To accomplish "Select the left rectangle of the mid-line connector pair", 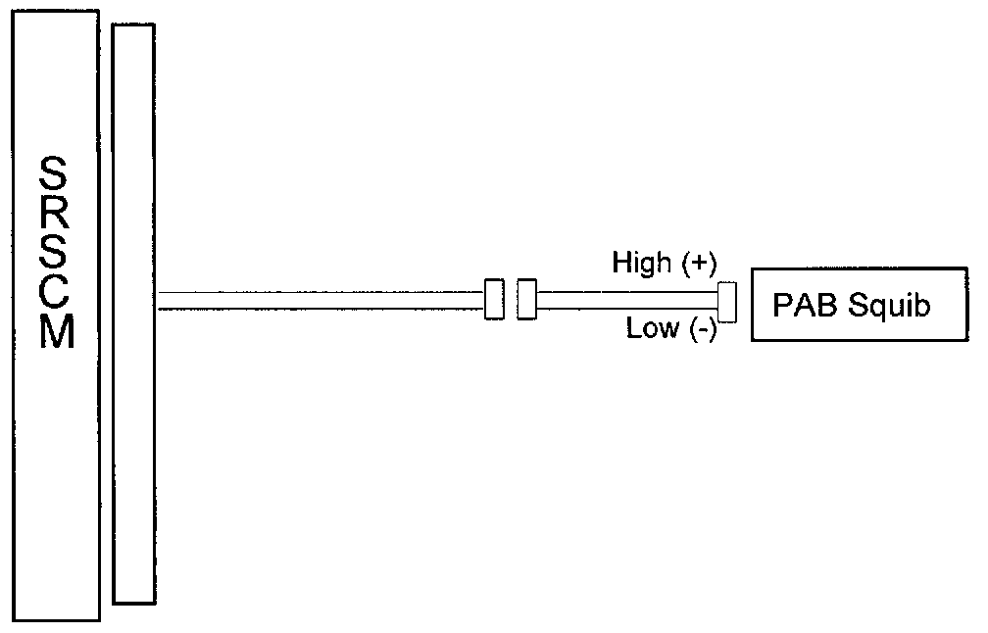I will tap(494, 299).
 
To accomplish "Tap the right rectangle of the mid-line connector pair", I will tap(527, 299).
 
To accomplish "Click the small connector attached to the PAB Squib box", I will tap(727, 301).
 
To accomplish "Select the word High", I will tap(641, 263).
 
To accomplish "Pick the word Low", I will tap(652, 328).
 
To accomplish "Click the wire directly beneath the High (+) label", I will tap(627, 292).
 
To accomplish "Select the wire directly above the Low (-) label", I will tap(627, 309).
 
